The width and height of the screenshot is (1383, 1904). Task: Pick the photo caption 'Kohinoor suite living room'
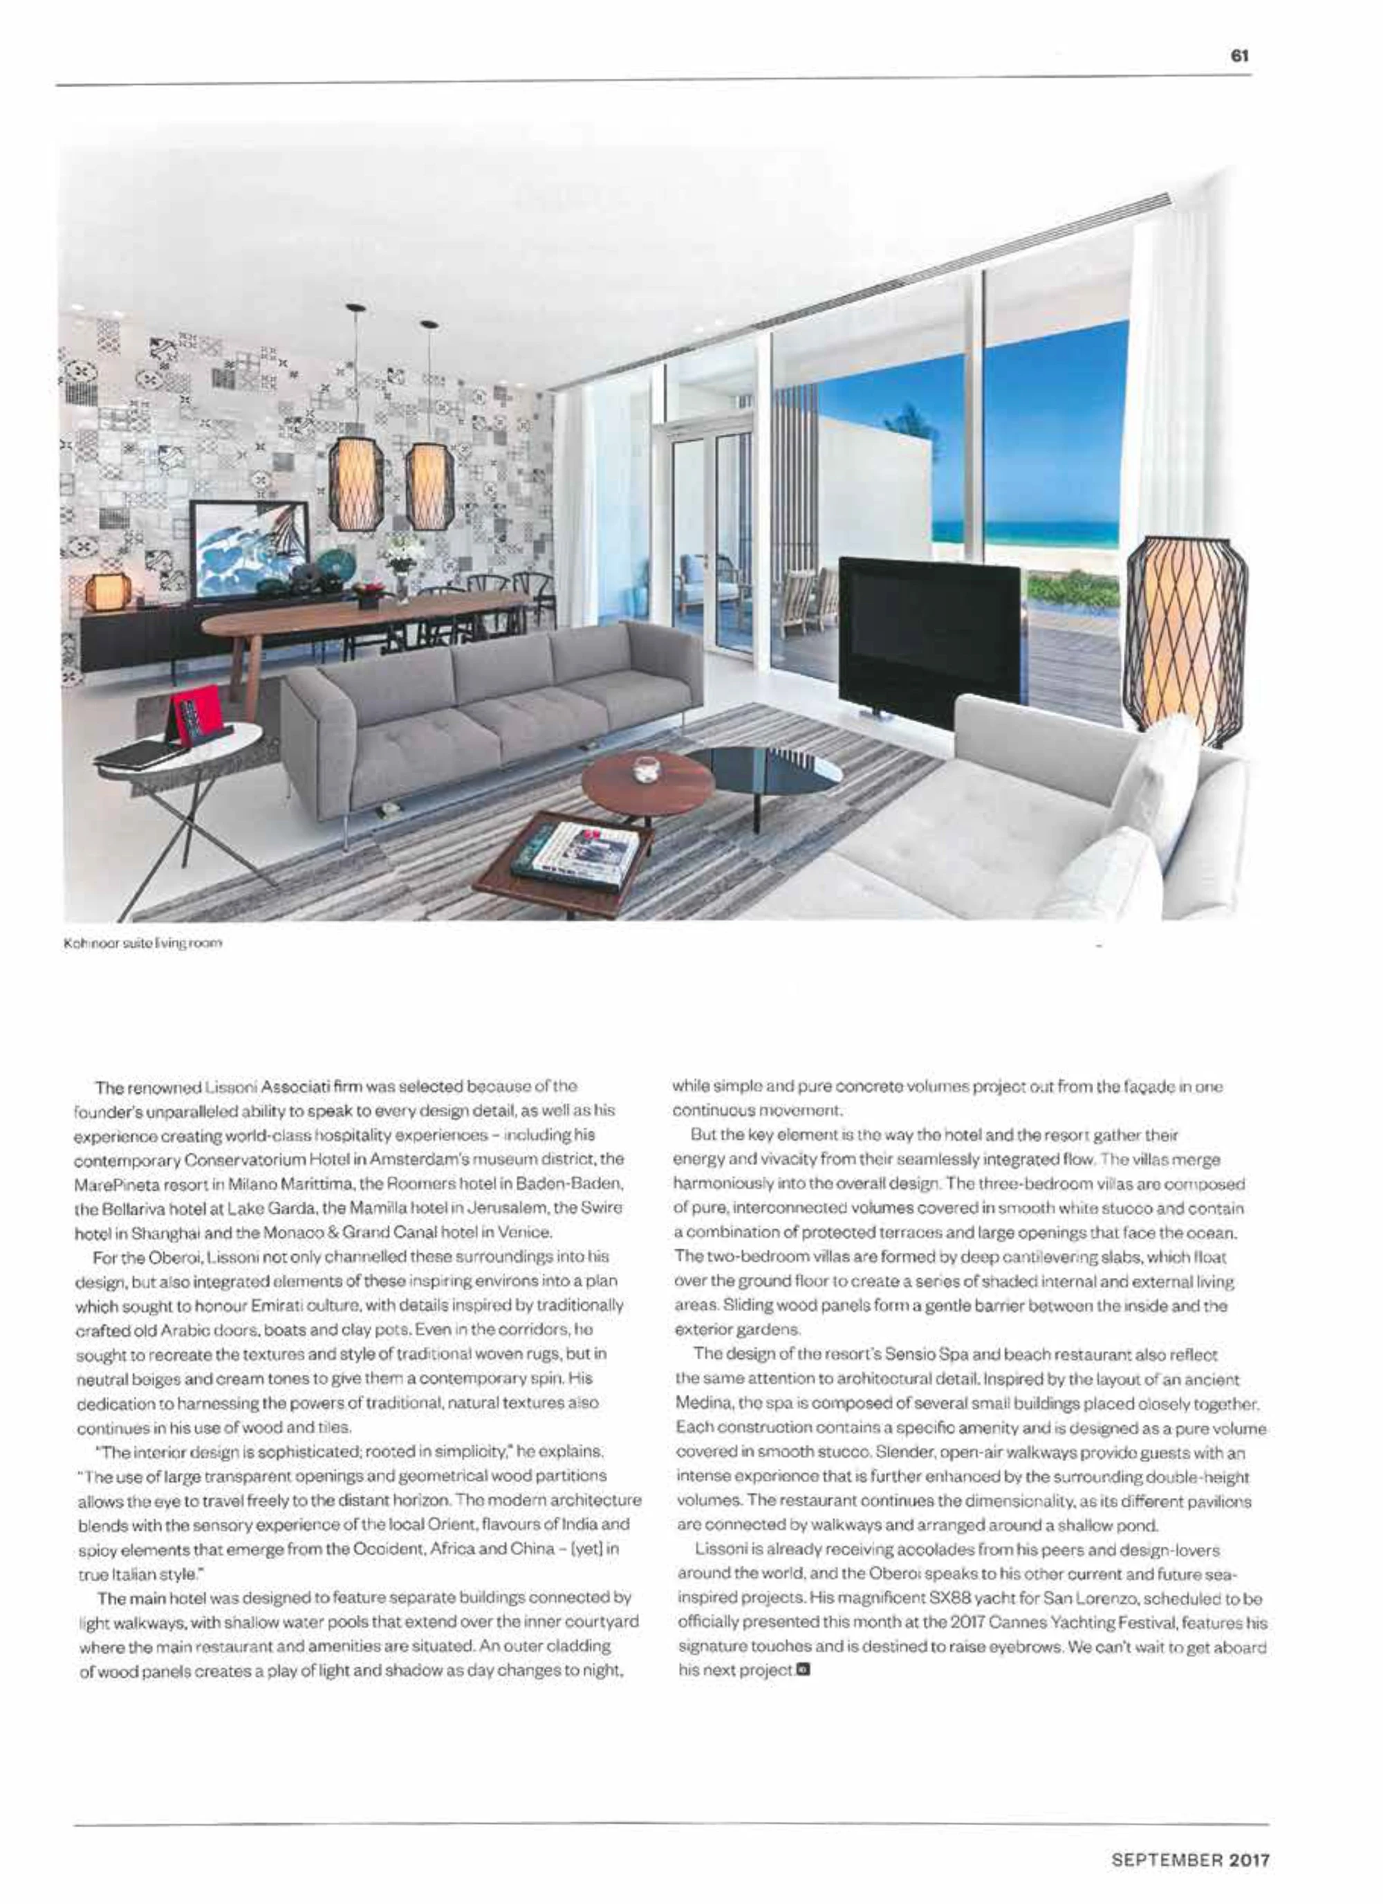pyautogui.click(x=142, y=944)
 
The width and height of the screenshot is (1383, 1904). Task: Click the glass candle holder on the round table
pyautogui.click(x=645, y=768)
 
